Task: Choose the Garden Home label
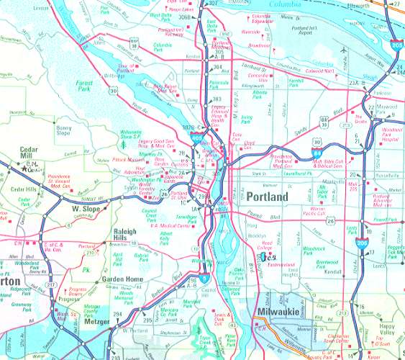122,279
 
